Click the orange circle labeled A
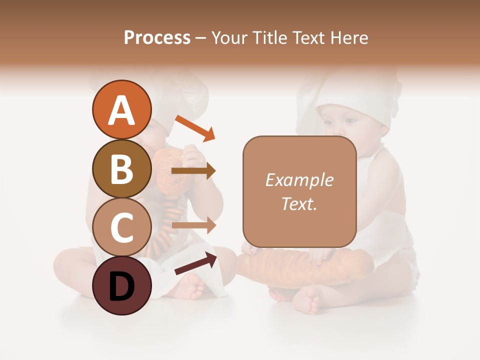click(x=121, y=110)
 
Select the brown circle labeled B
click(x=121, y=169)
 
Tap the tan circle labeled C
click(x=121, y=227)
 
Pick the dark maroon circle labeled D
click(x=121, y=285)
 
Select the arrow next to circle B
click(x=193, y=171)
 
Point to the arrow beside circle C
click(x=193, y=225)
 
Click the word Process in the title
click(x=157, y=37)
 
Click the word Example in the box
click(x=299, y=180)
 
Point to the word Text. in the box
click(x=299, y=203)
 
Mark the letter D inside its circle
click(x=121, y=286)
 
